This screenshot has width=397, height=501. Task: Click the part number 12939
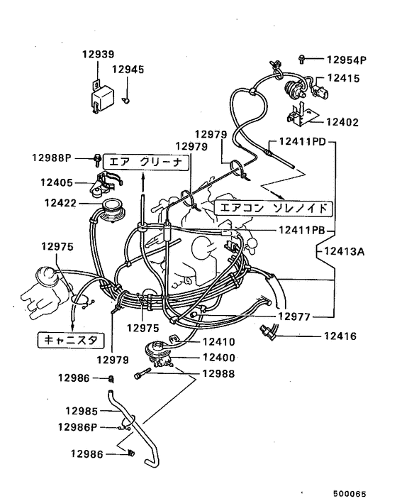[98, 54]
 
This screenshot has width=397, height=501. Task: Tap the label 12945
[128, 70]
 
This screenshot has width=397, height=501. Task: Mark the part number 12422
[61, 203]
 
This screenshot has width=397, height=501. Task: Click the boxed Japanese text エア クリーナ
[146, 161]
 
